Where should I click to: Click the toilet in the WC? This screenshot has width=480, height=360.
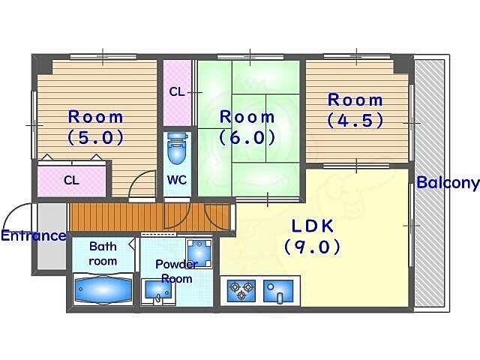pyautogui.click(x=177, y=148)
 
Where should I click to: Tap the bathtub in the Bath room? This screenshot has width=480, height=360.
pyautogui.click(x=103, y=289)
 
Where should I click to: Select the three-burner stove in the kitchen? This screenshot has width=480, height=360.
pyautogui.click(x=241, y=290)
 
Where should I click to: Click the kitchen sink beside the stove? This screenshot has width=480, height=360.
pyautogui.click(x=278, y=291)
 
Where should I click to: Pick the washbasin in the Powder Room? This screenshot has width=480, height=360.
pyautogui.click(x=158, y=292)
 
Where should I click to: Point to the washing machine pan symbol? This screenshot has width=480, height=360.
pyautogui.click(x=199, y=253)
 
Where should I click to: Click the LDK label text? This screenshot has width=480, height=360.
pyautogui.click(x=313, y=226)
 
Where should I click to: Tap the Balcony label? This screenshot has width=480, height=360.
pyautogui.click(x=448, y=183)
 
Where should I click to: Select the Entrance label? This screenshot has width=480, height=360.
pyautogui.click(x=33, y=235)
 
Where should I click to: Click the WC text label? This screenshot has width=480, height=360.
pyautogui.click(x=177, y=180)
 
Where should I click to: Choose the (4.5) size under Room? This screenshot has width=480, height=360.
pyautogui.click(x=355, y=120)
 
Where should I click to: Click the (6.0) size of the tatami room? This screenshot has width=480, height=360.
pyautogui.click(x=247, y=137)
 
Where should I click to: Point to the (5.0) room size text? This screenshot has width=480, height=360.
pyautogui.click(x=95, y=137)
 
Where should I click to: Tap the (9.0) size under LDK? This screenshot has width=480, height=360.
pyautogui.click(x=312, y=247)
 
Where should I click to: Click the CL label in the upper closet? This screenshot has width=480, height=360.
pyautogui.click(x=177, y=91)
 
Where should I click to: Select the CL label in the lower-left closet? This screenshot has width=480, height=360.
pyautogui.click(x=72, y=180)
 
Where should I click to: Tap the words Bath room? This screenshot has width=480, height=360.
pyautogui.click(x=103, y=253)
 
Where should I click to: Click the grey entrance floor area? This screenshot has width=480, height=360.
pyautogui.click(x=52, y=236)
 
